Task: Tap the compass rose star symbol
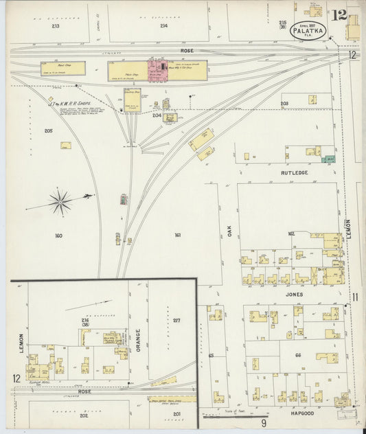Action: pyautogui.click(x=61, y=201)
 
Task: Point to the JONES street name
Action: pyautogui.click(x=294, y=294)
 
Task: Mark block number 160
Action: pyautogui.click(x=58, y=236)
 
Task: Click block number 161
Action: pyautogui.click(x=177, y=236)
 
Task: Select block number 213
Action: pyautogui.click(x=55, y=26)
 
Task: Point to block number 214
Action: pyautogui.click(x=164, y=26)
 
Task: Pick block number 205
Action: pyautogui.click(x=48, y=130)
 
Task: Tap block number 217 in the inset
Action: pyautogui.click(x=176, y=320)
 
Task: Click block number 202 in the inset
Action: pyautogui.click(x=84, y=415)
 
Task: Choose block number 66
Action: pyautogui.click(x=299, y=354)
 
